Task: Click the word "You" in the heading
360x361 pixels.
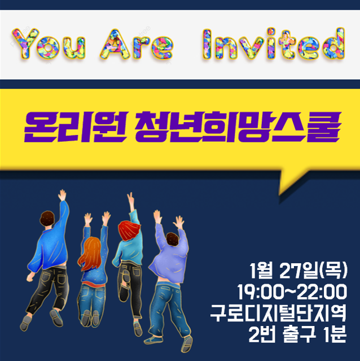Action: point(49,44)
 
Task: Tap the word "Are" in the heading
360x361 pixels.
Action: point(137,44)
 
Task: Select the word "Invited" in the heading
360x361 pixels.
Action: point(274,44)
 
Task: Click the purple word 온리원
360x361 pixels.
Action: point(76,127)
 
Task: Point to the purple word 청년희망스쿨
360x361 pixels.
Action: point(237,127)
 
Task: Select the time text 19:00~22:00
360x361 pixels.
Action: point(292,292)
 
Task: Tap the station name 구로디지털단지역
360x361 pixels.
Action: point(278,313)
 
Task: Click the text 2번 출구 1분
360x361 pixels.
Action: point(297,334)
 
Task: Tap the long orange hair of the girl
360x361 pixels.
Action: point(90,253)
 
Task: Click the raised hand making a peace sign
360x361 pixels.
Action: point(130,198)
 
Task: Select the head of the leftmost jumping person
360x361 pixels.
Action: point(47,219)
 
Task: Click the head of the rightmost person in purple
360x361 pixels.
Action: point(173,240)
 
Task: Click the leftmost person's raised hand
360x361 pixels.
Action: point(62,195)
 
